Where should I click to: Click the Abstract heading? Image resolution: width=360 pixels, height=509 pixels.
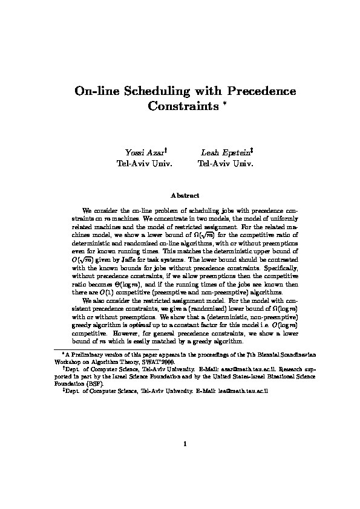(180, 195)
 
